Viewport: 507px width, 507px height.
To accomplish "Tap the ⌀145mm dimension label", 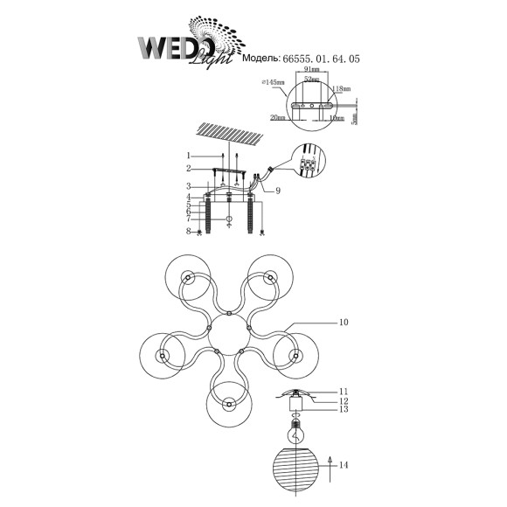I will (x=272, y=81).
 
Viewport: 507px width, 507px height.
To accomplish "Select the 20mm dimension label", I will (x=279, y=116).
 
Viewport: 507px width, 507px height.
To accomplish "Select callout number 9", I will (x=277, y=191).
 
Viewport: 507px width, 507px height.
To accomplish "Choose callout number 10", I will (x=344, y=323).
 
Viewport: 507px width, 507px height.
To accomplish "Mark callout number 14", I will (x=344, y=465).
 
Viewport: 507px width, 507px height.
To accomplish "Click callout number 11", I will (x=344, y=392).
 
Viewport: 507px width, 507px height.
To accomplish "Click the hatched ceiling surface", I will (x=228, y=136).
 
